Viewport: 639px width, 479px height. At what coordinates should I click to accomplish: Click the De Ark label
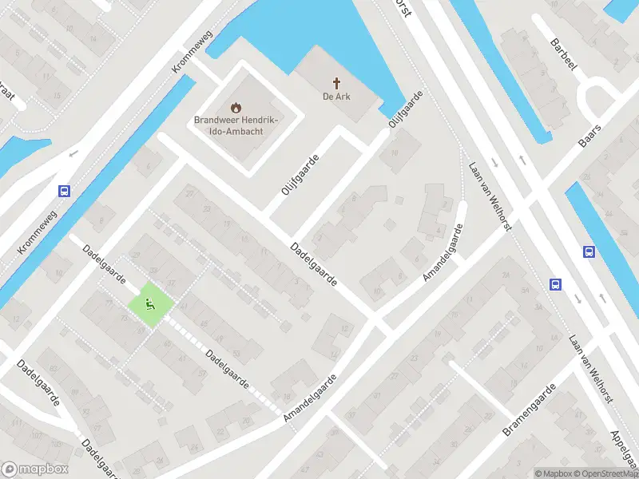(x=337, y=97)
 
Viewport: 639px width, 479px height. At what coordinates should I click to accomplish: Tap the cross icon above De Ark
(x=337, y=82)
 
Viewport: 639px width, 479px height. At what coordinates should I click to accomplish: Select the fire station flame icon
(x=235, y=107)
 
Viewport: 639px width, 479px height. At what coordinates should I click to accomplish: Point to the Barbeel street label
(x=562, y=54)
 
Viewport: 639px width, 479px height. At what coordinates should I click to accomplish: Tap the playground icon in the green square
(x=149, y=303)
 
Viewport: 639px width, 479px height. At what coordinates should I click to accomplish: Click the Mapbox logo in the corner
(x=35, y=469)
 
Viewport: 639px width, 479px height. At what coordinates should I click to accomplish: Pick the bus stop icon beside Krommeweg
(x=64, y=191)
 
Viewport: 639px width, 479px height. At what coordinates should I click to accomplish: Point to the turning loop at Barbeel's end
(x=600, y=101)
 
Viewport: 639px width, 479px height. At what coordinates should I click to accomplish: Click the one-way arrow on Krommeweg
(x=73, y=153)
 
